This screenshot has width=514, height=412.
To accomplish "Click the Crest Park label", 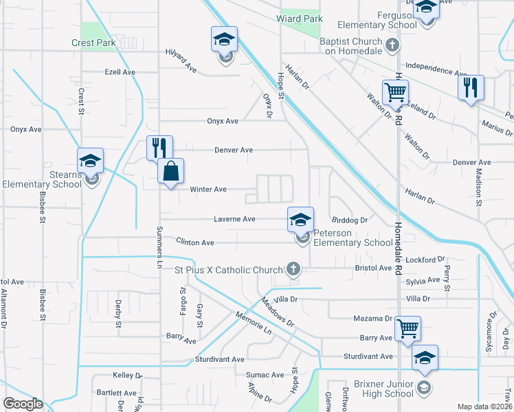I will (93, 43).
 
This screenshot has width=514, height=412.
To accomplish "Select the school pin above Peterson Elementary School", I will (300, 220).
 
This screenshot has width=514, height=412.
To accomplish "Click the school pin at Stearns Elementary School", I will (90, 161).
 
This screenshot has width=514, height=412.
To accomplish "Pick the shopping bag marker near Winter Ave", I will (171, 171).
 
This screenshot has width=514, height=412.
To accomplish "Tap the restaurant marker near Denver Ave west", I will (159, 147).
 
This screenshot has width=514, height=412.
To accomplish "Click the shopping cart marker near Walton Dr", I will (395, 92).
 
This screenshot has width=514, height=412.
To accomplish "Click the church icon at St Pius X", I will (293, 268).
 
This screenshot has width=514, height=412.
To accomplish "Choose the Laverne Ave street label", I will (234, 219).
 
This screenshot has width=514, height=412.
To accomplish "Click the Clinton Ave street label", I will (195, 242).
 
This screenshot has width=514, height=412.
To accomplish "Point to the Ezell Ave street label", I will (120, 71).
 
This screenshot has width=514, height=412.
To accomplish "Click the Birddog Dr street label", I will (350, 220).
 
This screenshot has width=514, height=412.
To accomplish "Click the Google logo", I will (23, 404).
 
